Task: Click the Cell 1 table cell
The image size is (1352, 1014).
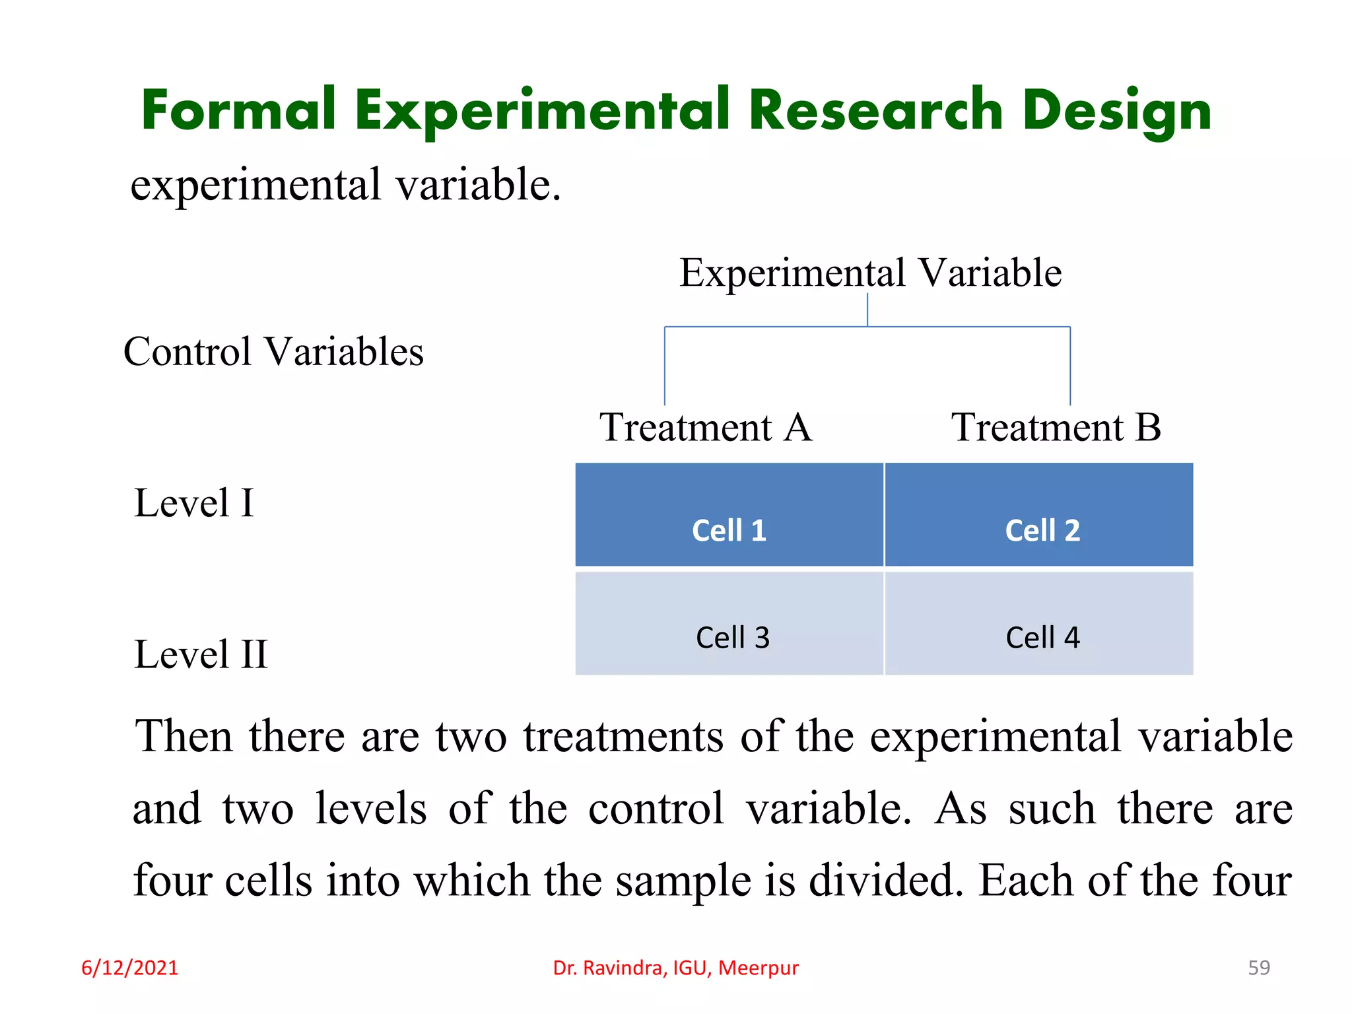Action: (729, 516)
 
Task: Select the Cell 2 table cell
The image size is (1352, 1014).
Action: (1039, 516)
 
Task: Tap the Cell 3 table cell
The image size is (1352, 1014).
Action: (729, 623)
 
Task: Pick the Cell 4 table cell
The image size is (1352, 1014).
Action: (1039, 623)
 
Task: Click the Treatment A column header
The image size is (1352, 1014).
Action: (705, 428)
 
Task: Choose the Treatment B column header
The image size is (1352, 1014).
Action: (1055, 428)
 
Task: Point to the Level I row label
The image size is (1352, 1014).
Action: (193, 503)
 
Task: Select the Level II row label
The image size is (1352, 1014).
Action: (201, 654)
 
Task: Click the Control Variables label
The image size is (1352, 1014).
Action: (273, 351)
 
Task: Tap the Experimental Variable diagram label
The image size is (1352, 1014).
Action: (870, 273)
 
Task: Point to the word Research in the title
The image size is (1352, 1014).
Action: (876, 110)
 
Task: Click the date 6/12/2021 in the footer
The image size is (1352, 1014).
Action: (129, 968)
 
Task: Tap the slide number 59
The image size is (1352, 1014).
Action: (1258, 968)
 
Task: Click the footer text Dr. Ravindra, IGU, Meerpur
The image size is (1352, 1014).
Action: (675, 968)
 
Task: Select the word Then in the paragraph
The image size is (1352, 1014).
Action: (184, 736)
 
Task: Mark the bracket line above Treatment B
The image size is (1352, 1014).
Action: (1070, 366)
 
